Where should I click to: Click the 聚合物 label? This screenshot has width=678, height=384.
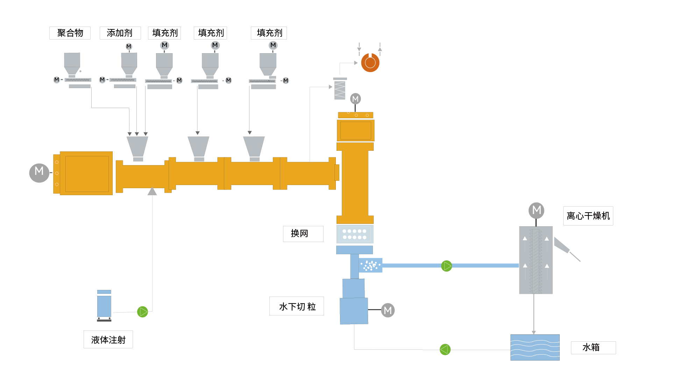(70, 33)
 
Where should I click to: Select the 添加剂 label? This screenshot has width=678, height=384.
(120, 33)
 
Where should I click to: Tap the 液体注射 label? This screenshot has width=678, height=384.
(108, 340)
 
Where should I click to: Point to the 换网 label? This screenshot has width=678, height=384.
(303, 234)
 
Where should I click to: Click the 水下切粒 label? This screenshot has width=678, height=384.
(297, 306)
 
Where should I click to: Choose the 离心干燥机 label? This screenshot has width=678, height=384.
(588, 216)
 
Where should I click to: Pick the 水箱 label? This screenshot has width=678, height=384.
(593, 348)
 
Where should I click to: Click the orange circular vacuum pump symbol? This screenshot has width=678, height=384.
(370, 63)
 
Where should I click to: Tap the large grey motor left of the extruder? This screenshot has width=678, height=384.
(39, 172)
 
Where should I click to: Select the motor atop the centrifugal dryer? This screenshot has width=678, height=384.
(536, 210)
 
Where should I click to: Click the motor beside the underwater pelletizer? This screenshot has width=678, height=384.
(388, 310)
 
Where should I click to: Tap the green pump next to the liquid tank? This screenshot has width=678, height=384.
(142, 312)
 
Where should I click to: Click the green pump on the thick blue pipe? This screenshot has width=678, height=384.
(446, 266)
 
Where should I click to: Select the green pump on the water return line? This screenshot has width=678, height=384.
(445, 349)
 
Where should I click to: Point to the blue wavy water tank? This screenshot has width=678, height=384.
(535, 347)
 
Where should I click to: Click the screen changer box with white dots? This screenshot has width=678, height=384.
(355, 234)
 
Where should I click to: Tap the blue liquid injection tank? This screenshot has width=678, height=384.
(104, 305)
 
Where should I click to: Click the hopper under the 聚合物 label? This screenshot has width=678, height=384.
(72, 63)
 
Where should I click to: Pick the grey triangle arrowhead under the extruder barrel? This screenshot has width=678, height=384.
(152, 191)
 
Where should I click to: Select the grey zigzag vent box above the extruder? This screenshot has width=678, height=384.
(340, 90)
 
